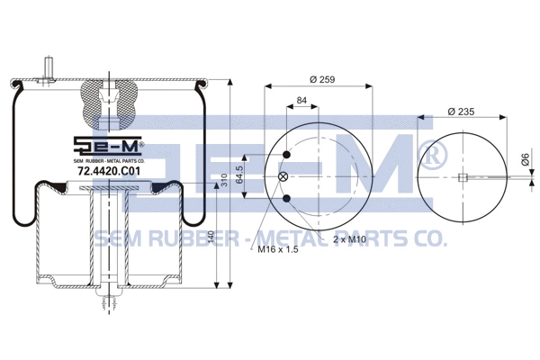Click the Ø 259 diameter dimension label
pyautogui.click(x=320, y=80)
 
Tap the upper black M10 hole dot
pyautogui.click(x=285, y=156)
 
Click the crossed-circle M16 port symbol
pyautogui.click(x=285, y=177)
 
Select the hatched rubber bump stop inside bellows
pyautogui.click(x=107, y=103)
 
